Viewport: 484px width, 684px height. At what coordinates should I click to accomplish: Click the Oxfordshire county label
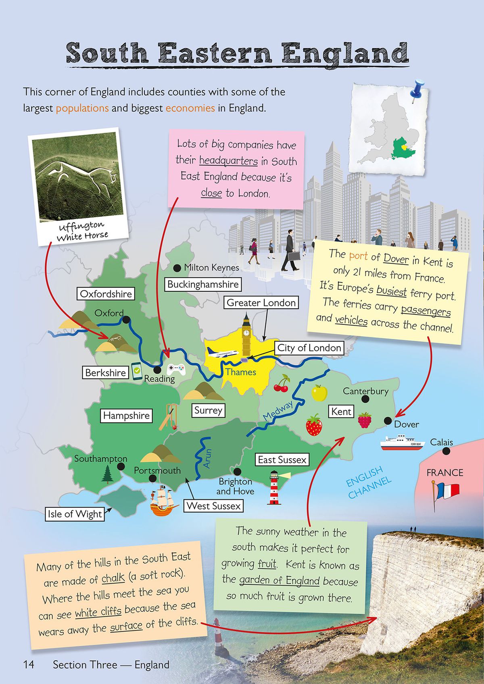(106, 294)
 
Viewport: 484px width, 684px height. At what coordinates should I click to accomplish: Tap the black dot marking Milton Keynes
(177, 268)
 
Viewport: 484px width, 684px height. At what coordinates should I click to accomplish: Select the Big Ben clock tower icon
(246, 335)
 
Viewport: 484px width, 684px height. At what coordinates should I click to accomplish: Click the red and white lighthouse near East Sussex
(274, 488)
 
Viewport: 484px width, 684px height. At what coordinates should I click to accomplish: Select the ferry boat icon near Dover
(403, 443)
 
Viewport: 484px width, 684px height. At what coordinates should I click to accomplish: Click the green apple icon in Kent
(319, 393)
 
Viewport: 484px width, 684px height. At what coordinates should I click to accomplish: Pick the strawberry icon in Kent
(314, 425)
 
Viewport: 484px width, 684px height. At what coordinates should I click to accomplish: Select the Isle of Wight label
(75, 514)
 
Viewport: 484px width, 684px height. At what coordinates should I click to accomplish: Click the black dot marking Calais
(446, 451)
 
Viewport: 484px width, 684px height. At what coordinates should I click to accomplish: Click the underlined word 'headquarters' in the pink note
(228, 161)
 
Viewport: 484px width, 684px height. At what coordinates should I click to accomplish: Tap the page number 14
(29, 665)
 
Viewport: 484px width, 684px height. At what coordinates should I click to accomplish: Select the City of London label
(309, 348)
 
